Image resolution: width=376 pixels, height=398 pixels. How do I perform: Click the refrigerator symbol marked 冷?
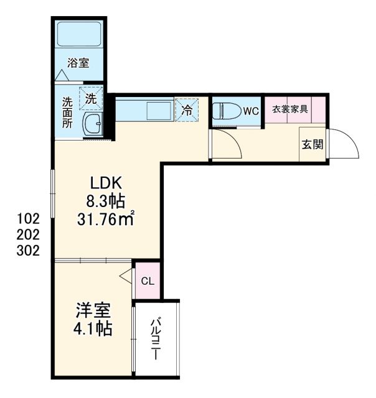tap(187, 110)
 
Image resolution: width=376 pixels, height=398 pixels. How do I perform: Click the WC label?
tap(250, 111)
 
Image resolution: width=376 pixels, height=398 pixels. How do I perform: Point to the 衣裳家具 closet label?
tap(290, 109)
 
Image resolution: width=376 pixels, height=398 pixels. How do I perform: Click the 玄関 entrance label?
tap(313, 145)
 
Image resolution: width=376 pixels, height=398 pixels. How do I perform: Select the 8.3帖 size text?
tap(106, 201)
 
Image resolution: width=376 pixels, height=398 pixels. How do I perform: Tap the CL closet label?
tap(148, 281)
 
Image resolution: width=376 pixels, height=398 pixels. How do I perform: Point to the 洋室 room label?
tap(94, 309)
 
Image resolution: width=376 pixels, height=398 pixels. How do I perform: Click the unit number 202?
tap(29, 235)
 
